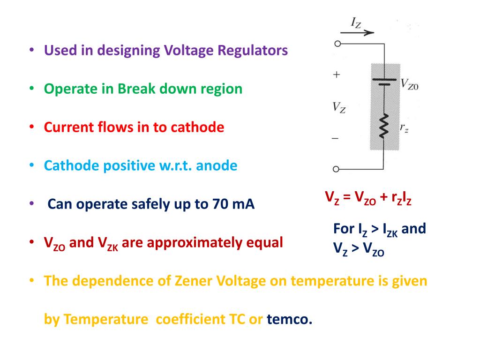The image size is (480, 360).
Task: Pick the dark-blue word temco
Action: [289, 320]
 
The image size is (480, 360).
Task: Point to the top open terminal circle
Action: [336, 44]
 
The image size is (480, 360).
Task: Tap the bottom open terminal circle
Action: [336, 169]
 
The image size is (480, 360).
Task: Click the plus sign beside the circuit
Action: [336, 75]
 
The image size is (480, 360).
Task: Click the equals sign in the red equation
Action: [347, 197]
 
